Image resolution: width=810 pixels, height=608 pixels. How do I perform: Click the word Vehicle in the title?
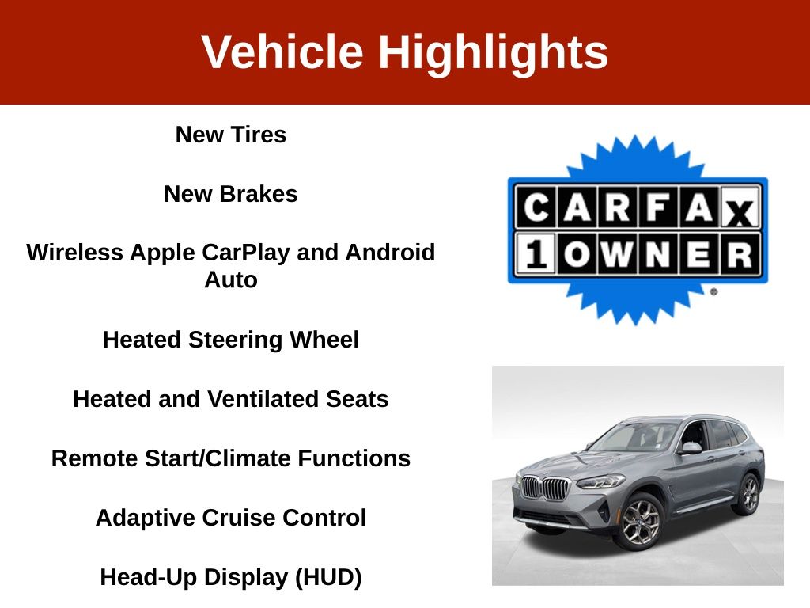[282, 51]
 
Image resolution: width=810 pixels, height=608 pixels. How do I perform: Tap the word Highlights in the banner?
[494, 54]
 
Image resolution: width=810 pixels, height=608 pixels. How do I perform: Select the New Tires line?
[231, 135]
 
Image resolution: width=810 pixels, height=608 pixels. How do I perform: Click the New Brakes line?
[231, 194]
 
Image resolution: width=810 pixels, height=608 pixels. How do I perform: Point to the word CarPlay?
[246, 253]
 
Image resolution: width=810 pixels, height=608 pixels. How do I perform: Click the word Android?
[390, 253]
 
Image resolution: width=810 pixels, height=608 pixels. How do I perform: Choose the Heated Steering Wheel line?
[231, 340]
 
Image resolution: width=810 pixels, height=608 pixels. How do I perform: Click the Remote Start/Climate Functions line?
[231, 458]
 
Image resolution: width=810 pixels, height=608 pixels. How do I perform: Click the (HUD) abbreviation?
[328, 578]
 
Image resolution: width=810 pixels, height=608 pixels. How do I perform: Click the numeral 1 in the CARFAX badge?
[536, 254]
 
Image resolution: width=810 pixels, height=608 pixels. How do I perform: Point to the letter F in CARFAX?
[658, 208]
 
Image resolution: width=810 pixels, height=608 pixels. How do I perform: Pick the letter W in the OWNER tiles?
[617, 254]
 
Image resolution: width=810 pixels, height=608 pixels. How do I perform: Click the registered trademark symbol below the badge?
[714, 291]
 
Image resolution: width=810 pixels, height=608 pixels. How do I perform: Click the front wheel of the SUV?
[641, 522]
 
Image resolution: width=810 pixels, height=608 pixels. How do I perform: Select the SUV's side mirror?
[692, 448]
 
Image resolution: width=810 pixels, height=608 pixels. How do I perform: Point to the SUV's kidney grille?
[546, 488]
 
